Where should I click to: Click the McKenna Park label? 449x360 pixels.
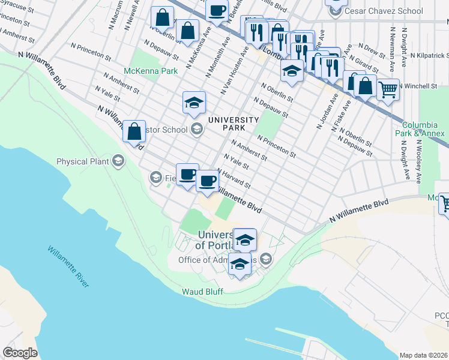point(142,71)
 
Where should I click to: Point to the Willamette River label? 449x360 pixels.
point(68,267)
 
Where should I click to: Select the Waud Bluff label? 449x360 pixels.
point(203,292)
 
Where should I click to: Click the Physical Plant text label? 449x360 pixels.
point(83,161)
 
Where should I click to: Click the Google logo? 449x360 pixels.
point(20,353)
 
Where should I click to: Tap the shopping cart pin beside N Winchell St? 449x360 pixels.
point(388,90)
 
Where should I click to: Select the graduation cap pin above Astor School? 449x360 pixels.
point(194,103)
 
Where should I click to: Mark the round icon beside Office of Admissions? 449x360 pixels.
point(267,260)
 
